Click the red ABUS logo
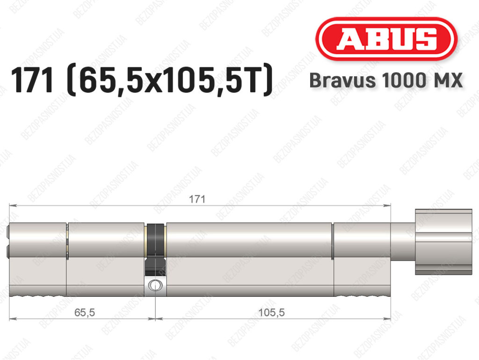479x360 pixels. click(x=386, y=38)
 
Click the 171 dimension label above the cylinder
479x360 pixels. click(x=197, y=199)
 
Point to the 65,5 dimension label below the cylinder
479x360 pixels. click(x=85, y=312)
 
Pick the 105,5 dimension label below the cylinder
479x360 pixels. click(x=271, y=312)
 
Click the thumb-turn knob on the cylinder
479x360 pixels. click(x=443, y=242)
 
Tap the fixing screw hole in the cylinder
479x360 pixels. click(x=155, y=285)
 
